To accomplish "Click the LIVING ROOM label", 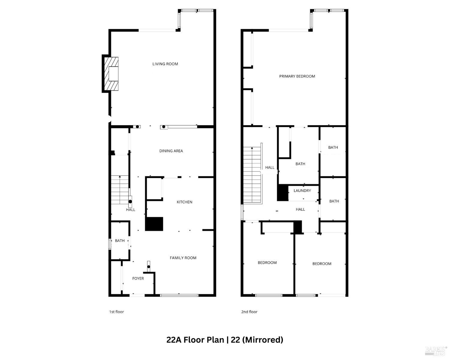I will point(165,64).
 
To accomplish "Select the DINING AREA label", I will point(171,151).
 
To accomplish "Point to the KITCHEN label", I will point(184,202).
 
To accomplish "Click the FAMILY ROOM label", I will point(183,258).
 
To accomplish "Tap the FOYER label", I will point(138,278).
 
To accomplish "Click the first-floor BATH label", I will point(120,241).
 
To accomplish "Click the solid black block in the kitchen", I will point(154,224).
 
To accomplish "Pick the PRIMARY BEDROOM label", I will point(297,76).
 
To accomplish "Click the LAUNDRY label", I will point(302,190).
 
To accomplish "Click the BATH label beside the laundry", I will point(334,201).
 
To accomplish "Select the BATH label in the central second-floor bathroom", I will point(300,164).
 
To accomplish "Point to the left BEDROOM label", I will point(267,262).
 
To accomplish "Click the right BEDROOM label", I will point(322,264).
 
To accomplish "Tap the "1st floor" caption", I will point(116,312).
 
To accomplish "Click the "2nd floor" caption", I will point(249,312).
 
